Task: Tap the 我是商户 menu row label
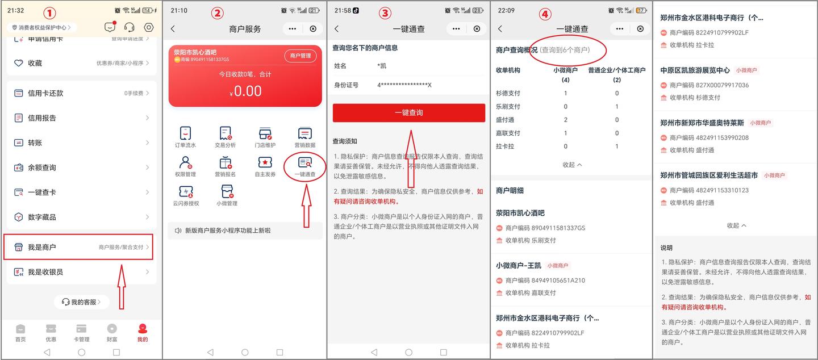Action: point(41,247)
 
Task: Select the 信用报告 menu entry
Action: point(42,118)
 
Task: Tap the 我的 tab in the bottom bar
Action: point(142,332)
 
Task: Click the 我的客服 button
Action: point(82,302)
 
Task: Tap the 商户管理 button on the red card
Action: point(300,56)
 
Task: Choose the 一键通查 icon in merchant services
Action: point(305,166)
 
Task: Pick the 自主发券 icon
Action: point(265,166)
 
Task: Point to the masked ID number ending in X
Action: point(404,85)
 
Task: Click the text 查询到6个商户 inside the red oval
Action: point(565,50)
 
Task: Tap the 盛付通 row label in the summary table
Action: point(505,120)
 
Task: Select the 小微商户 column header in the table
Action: point(565,70)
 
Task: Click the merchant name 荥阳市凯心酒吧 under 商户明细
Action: point(520,213)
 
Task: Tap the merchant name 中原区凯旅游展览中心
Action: point(695,70)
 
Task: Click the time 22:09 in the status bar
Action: point(506,10)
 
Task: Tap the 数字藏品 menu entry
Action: point(42,217)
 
